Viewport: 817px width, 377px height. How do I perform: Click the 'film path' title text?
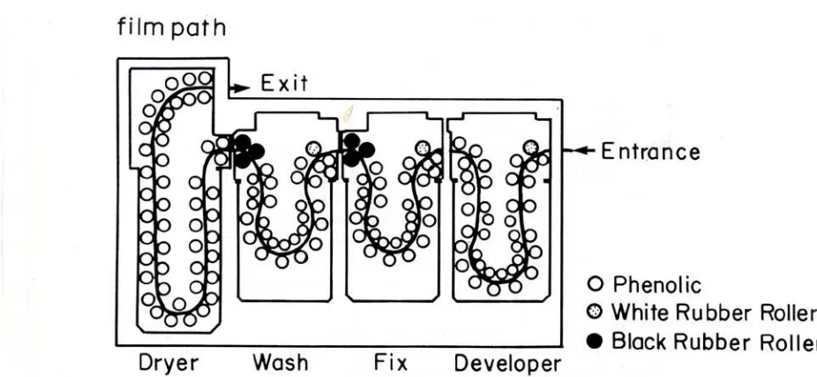(171, 27)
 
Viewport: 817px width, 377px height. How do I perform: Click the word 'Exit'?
(284, 83)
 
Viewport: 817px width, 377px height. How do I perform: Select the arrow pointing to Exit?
(240, 87)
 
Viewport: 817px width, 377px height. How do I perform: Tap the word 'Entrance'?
(650, 151)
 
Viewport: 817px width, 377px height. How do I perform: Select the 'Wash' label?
(281, 362)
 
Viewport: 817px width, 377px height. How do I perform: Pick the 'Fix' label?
(391, 362)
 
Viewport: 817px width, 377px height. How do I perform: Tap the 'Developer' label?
(508, 364)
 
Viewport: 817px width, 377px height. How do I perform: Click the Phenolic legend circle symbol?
(596, 284)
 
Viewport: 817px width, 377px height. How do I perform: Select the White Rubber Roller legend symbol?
(596, 313)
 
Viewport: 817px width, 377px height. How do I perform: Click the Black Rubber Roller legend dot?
(596, 342)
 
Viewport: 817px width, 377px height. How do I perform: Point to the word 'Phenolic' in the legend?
(656, 284)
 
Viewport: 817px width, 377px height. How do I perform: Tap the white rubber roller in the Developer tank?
(530, 147)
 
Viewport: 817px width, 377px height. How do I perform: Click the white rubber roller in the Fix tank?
(423, 148)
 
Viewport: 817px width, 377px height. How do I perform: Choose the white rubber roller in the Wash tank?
(314, 148)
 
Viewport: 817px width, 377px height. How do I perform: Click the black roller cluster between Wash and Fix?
(357, 150)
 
